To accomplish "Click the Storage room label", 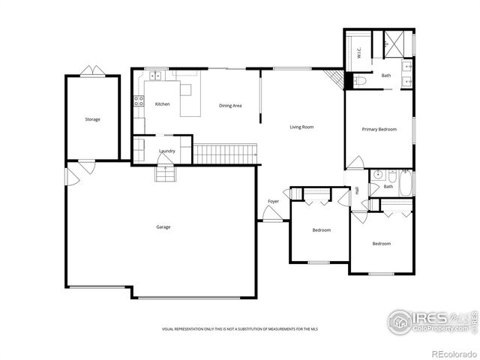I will [x=92, y=119].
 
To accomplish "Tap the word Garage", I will [x=163, y=226].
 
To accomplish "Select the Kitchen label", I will [x=162, y=104].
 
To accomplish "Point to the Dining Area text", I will [x=230, y=106].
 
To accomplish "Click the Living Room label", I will [x=301, y=127].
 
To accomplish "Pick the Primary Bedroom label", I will [x=379, y=130].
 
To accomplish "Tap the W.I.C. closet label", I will [x=359, y=53].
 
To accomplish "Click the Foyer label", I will [x=274, y=202].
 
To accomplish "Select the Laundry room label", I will [x=166, y=151].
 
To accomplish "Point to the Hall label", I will [x=357, y=190].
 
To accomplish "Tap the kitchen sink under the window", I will [x=157, y=75].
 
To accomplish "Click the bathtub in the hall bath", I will [x=406, y=184].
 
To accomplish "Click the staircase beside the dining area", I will [x=225, y=154].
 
